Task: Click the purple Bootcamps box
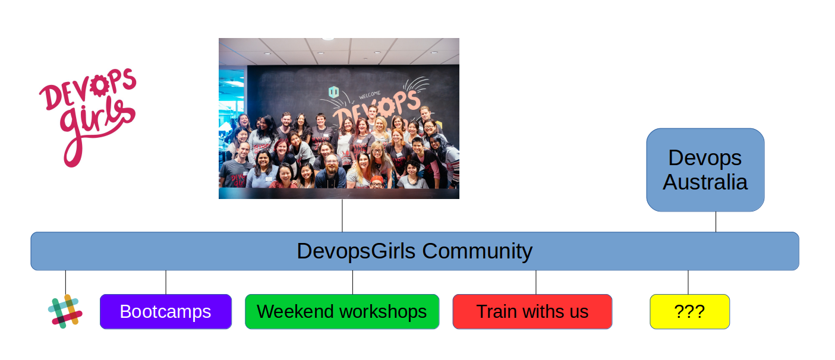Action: [x=165, y=311]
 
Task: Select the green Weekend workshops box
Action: [x=342, y=311]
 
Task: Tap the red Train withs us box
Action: [x=532, y=311]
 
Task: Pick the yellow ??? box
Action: [x=689, y=311]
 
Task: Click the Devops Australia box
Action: [x=705, y=170]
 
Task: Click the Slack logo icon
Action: [x=65, y=311]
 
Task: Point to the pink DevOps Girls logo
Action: [x=88, y=116]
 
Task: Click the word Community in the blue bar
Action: [x=477, y=251]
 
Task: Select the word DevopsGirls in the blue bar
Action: [x=356, y=251]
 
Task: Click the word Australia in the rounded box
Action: [x=705, y=182]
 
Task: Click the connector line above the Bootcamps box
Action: [x=166, y=282]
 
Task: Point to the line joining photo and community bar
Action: [x=342, y=215]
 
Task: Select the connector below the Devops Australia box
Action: [x=716, y=222]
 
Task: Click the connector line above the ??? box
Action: [x=688, y=282]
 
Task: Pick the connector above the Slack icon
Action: [x=65, y=282]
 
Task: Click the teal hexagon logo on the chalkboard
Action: [x=333, y=92]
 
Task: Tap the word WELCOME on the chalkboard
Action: [x=369, y=94]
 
